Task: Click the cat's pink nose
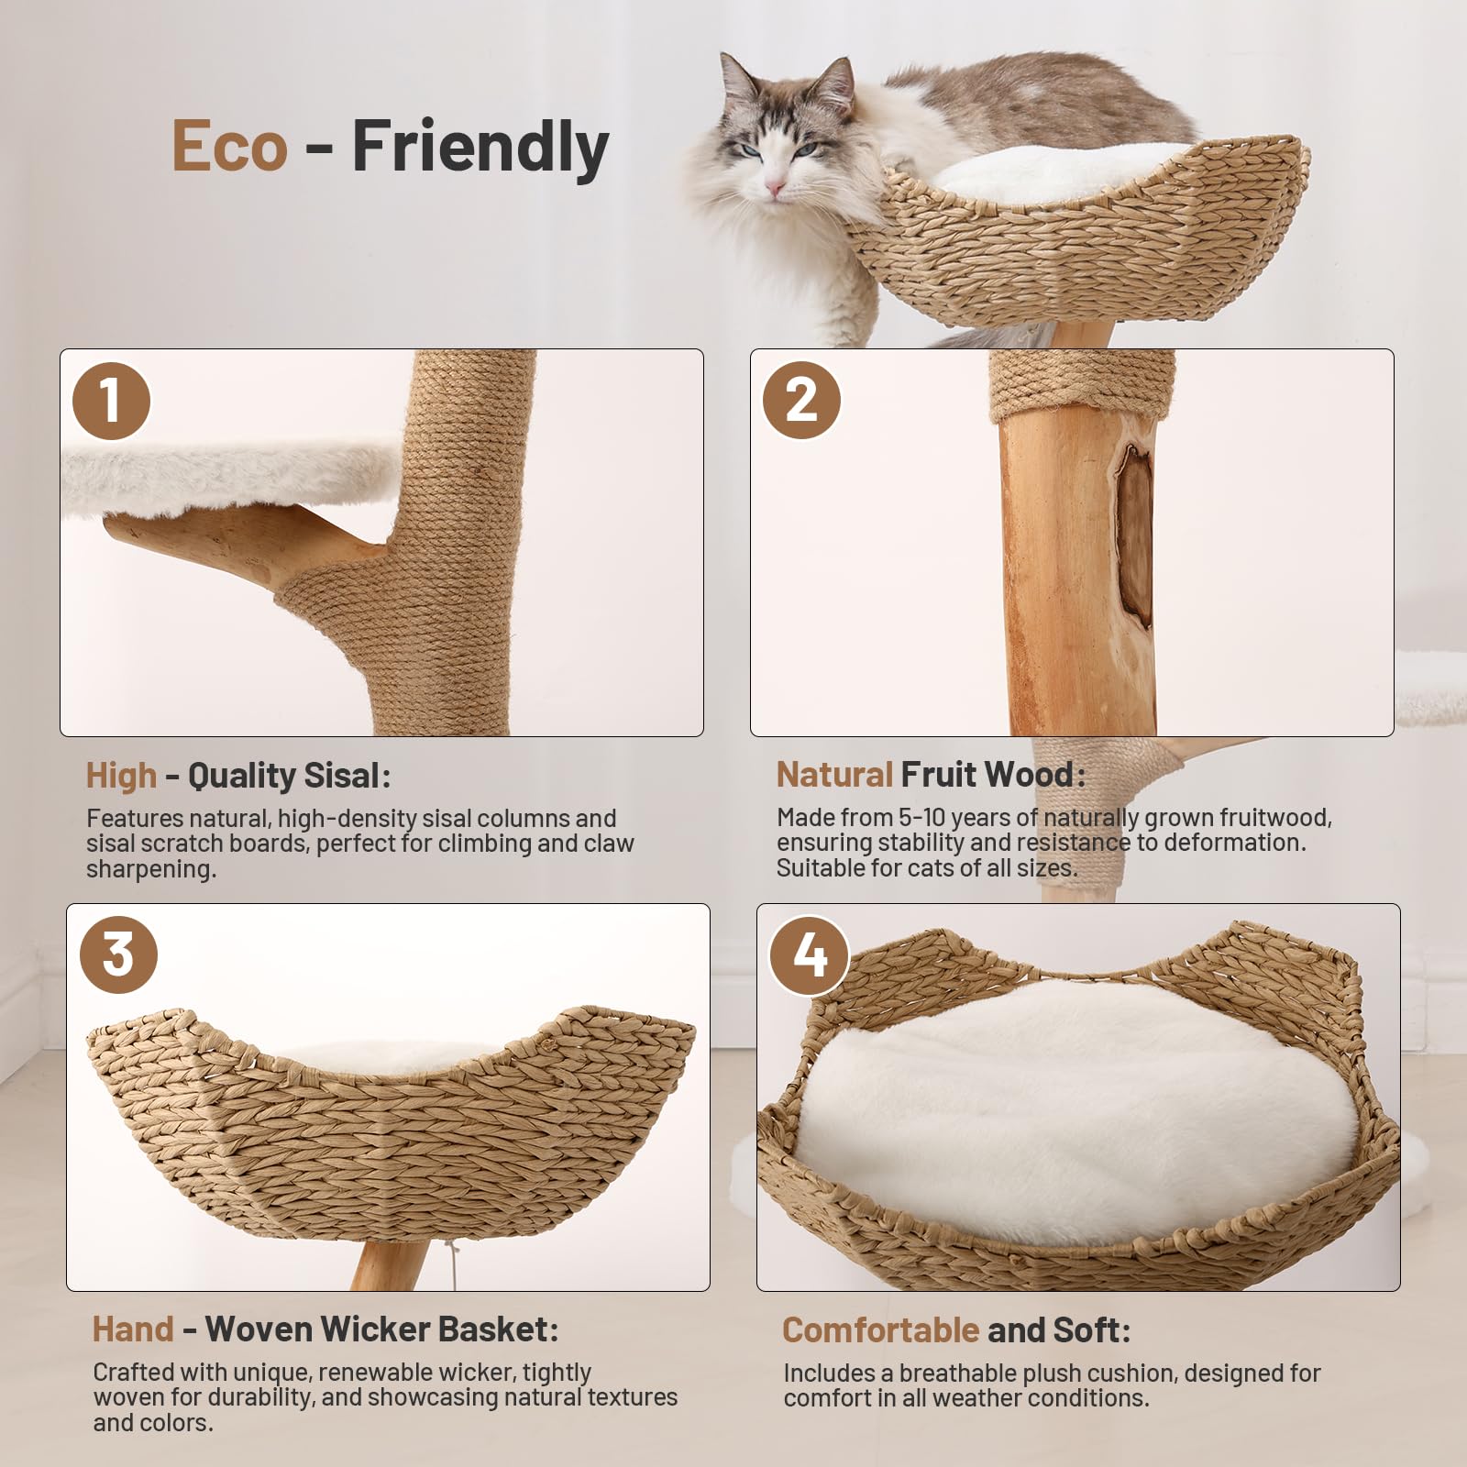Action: pos(776,188)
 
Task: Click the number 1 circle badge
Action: pos(111,401)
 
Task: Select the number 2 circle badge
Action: pos(801,401)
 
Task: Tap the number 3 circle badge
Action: pos(118,954)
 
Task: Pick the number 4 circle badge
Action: pos(808,955)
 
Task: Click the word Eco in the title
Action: pos(229,147)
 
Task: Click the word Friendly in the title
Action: pos(480,147)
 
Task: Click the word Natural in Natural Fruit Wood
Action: pos(834,775)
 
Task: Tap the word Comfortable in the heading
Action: pos(880,1329)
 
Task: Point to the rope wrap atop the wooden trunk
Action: pos(1082,384)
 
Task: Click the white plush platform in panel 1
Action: pos(229,477)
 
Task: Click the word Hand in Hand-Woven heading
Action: pos(133,1329)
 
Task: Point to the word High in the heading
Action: pos(121,776)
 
